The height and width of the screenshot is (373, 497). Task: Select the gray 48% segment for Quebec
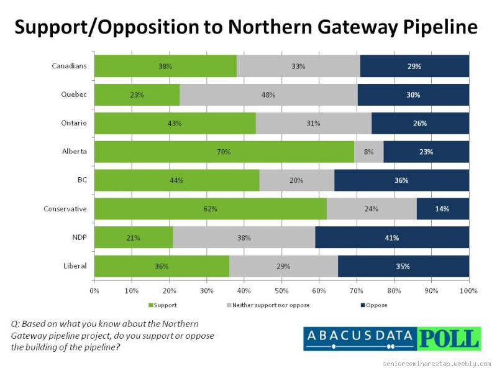coord(268,95)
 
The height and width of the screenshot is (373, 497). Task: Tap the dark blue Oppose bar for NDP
coord(392,237)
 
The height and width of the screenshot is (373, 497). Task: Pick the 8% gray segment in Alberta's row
coord(368,152)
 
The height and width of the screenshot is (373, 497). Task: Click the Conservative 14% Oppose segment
coord(442,209)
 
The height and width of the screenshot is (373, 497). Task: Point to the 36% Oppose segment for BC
coord(401,180)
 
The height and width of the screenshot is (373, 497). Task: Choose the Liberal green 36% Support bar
coord(162,266)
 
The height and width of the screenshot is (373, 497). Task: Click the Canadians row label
coord(70,66)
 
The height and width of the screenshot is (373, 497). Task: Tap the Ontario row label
coord(75,123)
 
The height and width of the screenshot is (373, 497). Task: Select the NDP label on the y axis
coord(79,237)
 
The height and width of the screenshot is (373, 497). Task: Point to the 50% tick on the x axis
coord(281,290)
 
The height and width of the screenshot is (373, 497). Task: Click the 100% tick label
coord(468,290)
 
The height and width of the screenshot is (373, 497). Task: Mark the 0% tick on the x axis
coord(94,290)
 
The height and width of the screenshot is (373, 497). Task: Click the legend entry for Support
coord(163,305)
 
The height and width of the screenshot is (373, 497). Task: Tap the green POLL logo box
coord(449,339)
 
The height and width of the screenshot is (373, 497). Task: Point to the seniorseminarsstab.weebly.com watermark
coord(437,363)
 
